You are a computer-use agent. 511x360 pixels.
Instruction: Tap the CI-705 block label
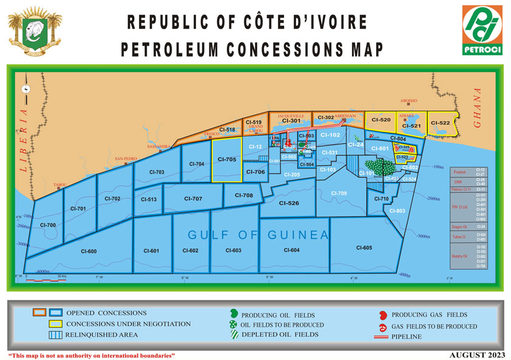(226, 160)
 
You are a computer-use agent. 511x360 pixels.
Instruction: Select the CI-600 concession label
(89, 251)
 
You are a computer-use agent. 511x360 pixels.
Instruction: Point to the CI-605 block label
(364, 247)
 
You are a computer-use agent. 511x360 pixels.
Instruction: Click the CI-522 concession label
(440, 123)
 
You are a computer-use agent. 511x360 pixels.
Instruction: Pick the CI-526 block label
(289, 203)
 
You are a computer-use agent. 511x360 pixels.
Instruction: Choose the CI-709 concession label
(339, 193)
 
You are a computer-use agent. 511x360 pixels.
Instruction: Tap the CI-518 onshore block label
(227, 129)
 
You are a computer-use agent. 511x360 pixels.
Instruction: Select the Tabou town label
(60, 184)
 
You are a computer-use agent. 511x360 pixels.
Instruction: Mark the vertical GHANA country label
(477, 108)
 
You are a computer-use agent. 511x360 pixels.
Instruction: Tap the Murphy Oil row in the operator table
(461, 256)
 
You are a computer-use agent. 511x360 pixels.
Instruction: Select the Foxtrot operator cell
(459, 172)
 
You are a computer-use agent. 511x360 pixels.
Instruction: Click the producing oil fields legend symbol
(233, 314)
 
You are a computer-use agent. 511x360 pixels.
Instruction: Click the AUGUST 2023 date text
(475, 354)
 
